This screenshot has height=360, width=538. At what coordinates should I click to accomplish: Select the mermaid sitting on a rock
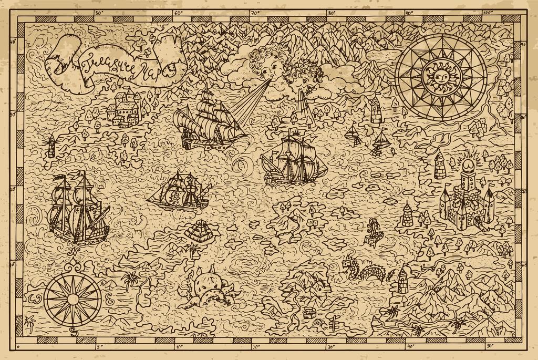point(373,231)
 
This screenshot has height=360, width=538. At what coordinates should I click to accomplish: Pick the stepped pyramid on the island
point(200,232)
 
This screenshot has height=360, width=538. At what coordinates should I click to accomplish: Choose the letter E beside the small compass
point(109,301)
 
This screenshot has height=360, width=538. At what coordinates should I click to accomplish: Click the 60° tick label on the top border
point(178,12)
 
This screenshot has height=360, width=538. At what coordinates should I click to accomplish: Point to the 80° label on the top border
point(332,12)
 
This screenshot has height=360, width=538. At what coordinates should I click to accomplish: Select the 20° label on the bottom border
point(255,347)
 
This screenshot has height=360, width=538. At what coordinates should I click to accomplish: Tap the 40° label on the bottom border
point(410,347)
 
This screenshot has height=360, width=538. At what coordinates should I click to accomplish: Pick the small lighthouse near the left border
point(51,146)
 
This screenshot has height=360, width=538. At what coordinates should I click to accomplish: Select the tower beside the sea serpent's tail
point(403,280)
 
